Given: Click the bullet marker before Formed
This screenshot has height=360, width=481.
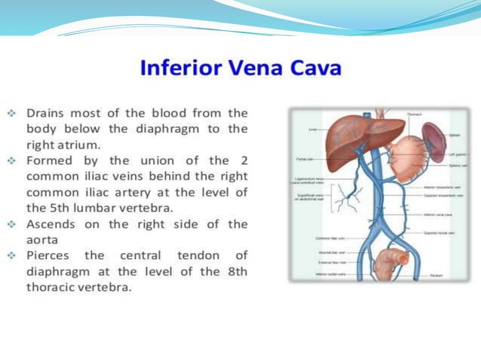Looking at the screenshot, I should pos(12,160).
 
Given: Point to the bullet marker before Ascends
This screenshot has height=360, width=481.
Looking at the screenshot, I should pos(12,224).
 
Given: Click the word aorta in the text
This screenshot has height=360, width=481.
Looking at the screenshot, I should pos(44,239).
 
